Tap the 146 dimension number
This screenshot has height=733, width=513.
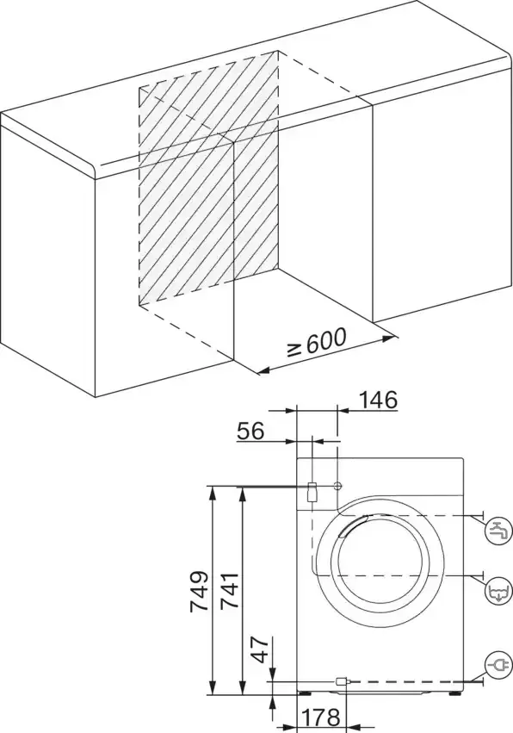[x=379, y=400]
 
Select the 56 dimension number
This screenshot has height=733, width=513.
[x=250, y=431]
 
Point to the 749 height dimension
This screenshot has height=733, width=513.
[x=199, y=591]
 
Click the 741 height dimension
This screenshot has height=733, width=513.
[x=230, y=589]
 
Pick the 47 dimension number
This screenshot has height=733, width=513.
[x=263, y=649]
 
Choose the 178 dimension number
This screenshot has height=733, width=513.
[x=320, y=717]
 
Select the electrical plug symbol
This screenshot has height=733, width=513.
[x=498, y=665]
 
